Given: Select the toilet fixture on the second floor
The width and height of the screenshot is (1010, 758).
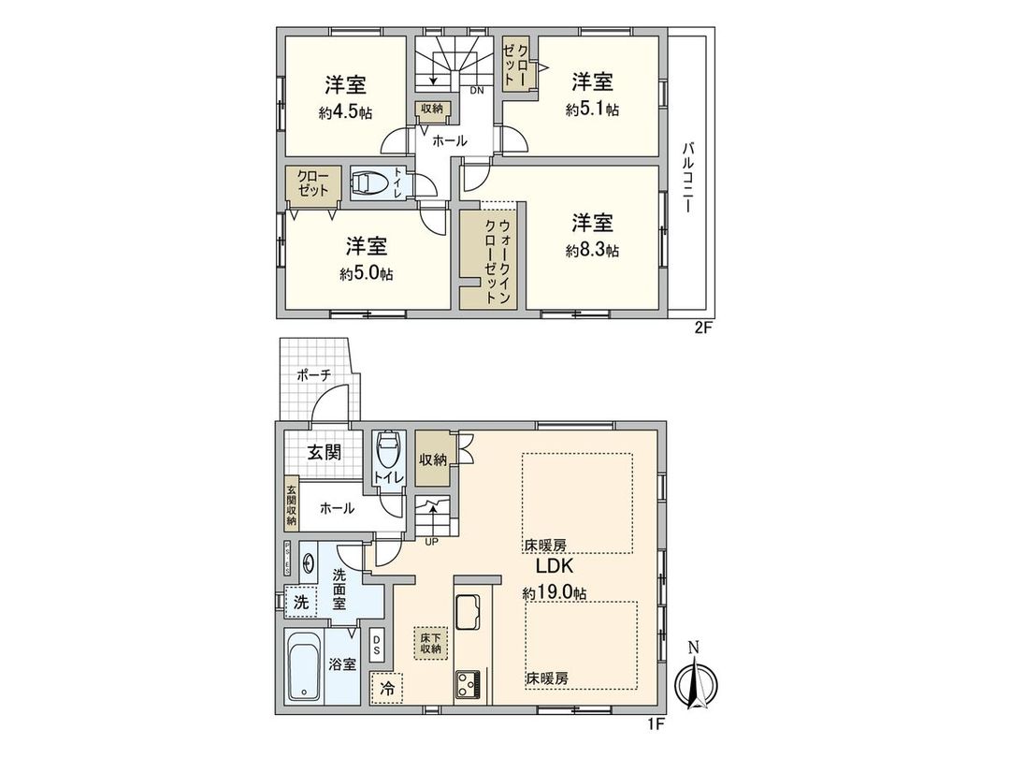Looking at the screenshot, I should tap(367, 182).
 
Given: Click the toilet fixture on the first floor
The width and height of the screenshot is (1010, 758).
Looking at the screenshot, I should tap(386, 452).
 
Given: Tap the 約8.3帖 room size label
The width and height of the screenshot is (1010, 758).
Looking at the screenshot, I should tap(593, 251).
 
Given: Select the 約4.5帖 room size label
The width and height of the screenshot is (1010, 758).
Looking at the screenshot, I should tap(345, 111).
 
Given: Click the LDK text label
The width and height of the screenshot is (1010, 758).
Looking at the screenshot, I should tap(553, 567).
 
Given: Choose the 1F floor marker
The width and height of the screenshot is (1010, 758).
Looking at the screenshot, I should tap(659, 723).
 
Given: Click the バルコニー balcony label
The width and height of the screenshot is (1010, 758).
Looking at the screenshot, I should tap(688, 175).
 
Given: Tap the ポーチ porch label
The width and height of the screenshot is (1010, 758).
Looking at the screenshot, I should tap(314, 375).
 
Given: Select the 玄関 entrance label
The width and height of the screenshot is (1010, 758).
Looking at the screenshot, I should tap(324, 452).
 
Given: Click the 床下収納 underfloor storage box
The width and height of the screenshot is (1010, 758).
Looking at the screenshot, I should tap(429, 644).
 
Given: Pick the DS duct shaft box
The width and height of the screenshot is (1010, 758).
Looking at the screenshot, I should tap(376, 644).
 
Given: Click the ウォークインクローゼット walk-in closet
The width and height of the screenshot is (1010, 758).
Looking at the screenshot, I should tap(492, 259).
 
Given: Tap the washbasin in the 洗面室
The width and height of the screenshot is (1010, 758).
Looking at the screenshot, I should tap(308, 566).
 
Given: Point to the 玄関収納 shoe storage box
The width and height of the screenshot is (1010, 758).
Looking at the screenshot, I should tap(292, 505).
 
